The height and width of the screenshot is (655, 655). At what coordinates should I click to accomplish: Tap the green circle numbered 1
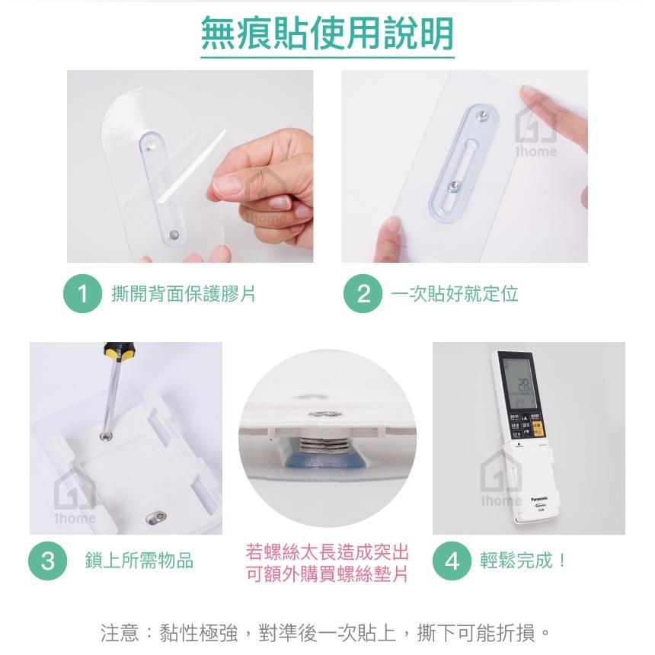click(x=82, y=294)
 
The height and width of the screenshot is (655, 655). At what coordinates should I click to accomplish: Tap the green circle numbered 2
click(x=363, y=294)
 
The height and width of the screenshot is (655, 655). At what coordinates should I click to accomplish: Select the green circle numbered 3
click(x=48, y=561)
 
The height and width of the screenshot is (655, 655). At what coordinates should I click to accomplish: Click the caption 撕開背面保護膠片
click(x=184, y=294)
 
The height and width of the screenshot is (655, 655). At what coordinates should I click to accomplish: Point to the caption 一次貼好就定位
click(x=455, y=294)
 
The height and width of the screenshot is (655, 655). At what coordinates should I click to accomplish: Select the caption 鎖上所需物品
click(x=139, y=561)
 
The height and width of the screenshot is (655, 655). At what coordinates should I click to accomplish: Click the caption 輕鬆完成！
click(x=524, y=561)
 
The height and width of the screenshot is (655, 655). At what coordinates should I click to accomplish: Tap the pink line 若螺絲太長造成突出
click(x=327, y=551)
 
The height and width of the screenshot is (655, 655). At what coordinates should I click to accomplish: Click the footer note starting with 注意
click(x=326, y=632)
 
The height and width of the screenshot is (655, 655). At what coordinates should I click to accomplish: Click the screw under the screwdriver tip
click(x=105, y=436)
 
